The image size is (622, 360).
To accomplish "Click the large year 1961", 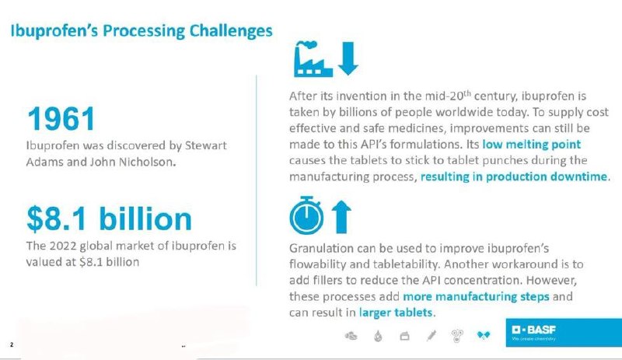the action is [x=61, y=118].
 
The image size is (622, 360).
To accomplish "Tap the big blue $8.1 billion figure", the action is [x=109, y=218].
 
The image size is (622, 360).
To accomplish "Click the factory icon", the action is [x=313, y=59].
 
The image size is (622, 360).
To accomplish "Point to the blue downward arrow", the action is [x=348, y=58].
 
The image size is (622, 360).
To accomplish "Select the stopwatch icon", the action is [x=306, y=215].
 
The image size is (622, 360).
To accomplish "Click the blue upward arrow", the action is [x=341, y=217].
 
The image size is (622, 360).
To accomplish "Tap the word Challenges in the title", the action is [x=231, y=31].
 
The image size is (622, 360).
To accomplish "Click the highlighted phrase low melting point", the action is [x=531, y=144].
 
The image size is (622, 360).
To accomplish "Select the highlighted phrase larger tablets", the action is [x=396, y=313].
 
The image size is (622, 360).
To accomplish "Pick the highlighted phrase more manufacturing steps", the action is [x=476, y=296].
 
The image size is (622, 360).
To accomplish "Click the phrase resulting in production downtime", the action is [x=514, y=177].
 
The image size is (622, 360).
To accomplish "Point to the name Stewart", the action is [x=206, y=145].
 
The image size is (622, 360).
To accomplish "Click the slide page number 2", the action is [x=12, y=344].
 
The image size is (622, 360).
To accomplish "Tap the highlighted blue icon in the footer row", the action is [x=483, y=336].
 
